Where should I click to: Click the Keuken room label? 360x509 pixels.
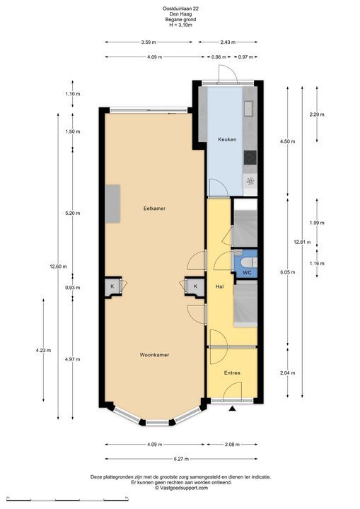pyautogui.click(x=227, y=139)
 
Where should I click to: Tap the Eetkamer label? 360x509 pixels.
pyautogui.click(x=154, y=209)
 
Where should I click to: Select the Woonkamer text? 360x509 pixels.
pyautogui.click(x=154, y=355)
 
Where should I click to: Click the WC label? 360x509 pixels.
pyautogui.click(x=248, y=273)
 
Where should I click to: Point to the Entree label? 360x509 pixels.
pyautogui.click(x=232, y=373)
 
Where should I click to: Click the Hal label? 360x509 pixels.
pyautogui.click(x=220, y=286)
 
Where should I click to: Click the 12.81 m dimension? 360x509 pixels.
pyautogui.click(x=302, y=242)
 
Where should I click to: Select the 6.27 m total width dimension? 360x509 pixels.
pyautogui.click(x=181, y=459)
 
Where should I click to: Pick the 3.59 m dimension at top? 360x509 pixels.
pyautogui.click(x=149, y=42)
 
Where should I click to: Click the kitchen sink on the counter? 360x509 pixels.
pyautogui.click(x=250, y=108)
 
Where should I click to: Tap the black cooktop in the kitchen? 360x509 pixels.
pyautogui.click(x=250, y=158)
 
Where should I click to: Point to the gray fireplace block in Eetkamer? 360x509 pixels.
pyautogui.click(x=112, y=204)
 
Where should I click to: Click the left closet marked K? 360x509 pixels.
pyautogui.click(x=112, y=286)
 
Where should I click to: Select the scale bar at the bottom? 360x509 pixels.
pyautogui.click(x=67, y=499)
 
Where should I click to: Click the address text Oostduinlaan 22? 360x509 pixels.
pyautogui.click(x=180, y=8)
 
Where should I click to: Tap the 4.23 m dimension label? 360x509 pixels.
pyautogui.click(x=44, y=350)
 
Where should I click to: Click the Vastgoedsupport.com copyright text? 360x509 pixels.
pyautogui.click(x=181, y=488)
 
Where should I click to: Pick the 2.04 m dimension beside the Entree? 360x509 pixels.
pyautogui.click(x=288, y=373)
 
